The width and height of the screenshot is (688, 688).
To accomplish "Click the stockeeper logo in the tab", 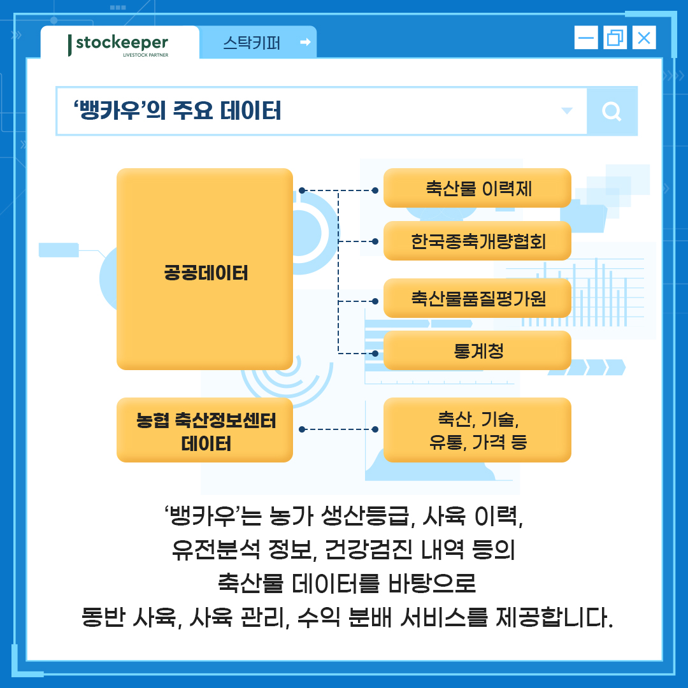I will (119, 44).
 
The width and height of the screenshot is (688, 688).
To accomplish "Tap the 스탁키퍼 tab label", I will (251, 43).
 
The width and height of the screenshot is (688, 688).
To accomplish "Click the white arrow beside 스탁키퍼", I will (305, 43).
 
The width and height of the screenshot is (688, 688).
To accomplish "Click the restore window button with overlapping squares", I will (615, 38).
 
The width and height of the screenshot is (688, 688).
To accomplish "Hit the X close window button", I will (644, 38).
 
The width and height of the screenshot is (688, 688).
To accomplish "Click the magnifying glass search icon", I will (612, 112).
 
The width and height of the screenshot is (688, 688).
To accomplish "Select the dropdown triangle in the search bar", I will (566, 111).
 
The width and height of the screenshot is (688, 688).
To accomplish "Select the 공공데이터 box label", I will (205, 273).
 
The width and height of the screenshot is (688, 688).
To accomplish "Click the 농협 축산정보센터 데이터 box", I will (205, 431).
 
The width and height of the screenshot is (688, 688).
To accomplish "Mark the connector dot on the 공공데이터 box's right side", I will (302, 190).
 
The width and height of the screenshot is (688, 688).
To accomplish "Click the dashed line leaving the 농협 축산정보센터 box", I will (338, 429).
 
